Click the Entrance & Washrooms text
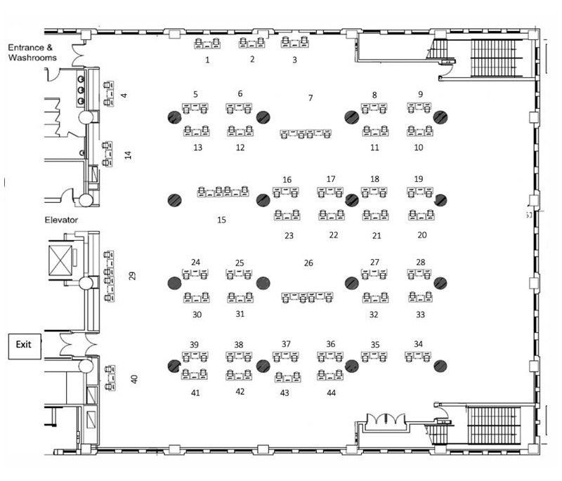(x=32, y=53)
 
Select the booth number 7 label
(x=311, y=98)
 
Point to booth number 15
(x=221, y=220)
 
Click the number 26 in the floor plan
(x=308, y=263)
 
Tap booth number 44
(x=332, y=393)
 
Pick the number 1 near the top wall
(x=207, y=60)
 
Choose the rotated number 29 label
(x=132, y=275)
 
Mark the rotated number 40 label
(x=133, y=380)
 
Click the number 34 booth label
(x=419, y=344)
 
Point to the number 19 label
(x=419, y=179)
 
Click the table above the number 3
(x=294, y=44)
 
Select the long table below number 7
(x=306, y=133)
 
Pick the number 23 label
(x=289, y=236)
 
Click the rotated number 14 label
(x=128, y=154)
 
